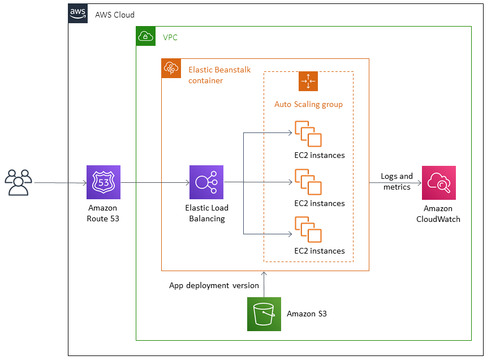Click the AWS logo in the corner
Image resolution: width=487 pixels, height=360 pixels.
tap(78, 13)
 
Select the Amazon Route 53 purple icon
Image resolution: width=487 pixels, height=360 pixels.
tap(103, 182)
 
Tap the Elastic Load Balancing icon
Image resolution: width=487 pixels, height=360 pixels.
tap(206, 182)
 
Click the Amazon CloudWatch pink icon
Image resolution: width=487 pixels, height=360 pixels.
tap(438, 183)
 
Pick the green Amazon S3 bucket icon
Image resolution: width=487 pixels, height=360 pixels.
tap(264, 314)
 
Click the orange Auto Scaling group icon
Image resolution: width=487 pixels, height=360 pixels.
tap(308, 82)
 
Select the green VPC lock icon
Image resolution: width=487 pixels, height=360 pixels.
tap(146, 36)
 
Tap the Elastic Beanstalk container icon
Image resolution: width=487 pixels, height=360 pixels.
tap(171, 68)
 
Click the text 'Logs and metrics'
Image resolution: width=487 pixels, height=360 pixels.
tap(397, 182)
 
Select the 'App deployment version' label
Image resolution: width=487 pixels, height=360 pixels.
tap(214, 285)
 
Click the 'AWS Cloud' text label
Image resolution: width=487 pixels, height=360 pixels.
tap(115, 15)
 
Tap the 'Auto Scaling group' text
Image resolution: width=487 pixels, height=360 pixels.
tap(308, 104)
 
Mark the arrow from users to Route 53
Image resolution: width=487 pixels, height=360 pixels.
tap(59, 183)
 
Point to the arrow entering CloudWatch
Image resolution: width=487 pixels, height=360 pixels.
tap(396, 183)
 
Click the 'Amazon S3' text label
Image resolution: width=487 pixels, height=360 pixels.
tap(307, 314)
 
